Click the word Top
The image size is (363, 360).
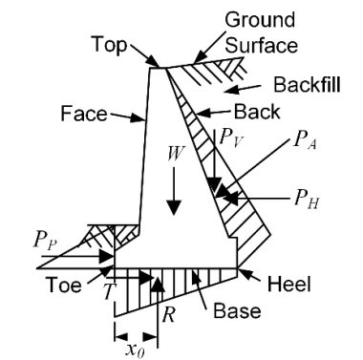[x=110, y=45]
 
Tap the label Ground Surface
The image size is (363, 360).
[x=261, y=32]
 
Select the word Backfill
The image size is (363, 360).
[x=307, y=85]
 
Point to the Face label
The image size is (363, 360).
[x=84, y=114]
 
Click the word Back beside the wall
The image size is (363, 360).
[x=257, y=112]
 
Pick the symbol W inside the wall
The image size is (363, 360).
[x=176, y=154]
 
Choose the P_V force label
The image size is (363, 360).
[x=231, y=138]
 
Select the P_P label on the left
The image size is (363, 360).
[x=45, y=242]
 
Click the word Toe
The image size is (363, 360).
[x=64, y=285]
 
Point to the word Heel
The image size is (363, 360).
[x=288, y=284]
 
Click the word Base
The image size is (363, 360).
[x=237, y=310]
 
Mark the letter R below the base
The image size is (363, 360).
[x=168, y=315]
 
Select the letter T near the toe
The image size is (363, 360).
[x=109, y=291]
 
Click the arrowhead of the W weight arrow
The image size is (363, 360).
[x=174, y=208]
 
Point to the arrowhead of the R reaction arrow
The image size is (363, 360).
[x=158, y=284]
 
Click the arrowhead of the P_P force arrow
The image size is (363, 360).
[x=106, y=257]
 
